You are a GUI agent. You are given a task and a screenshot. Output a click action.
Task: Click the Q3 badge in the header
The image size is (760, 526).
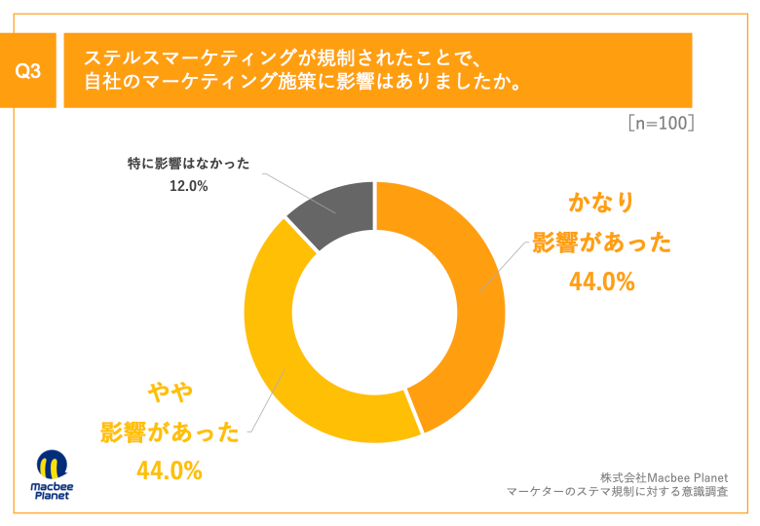pos(28,71)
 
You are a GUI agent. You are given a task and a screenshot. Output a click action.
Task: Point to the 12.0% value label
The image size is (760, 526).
pos(188,186)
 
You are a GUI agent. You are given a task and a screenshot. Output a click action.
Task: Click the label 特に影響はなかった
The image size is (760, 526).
pos(188,164)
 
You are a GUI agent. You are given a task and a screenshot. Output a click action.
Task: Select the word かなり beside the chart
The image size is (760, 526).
pos(601,203)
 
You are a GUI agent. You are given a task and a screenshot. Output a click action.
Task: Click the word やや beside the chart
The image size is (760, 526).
pos(170,392)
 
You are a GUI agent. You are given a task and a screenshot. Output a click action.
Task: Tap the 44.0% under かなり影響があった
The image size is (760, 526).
pos(601,282)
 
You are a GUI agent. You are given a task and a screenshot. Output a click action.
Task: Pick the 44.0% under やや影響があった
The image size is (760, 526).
pos(170,471)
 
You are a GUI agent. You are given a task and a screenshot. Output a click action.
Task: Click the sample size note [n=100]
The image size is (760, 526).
pos(660,125)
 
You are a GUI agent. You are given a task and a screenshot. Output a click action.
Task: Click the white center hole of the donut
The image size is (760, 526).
pos(375,312)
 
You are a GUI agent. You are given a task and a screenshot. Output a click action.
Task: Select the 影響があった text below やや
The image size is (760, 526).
pos(170,432)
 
